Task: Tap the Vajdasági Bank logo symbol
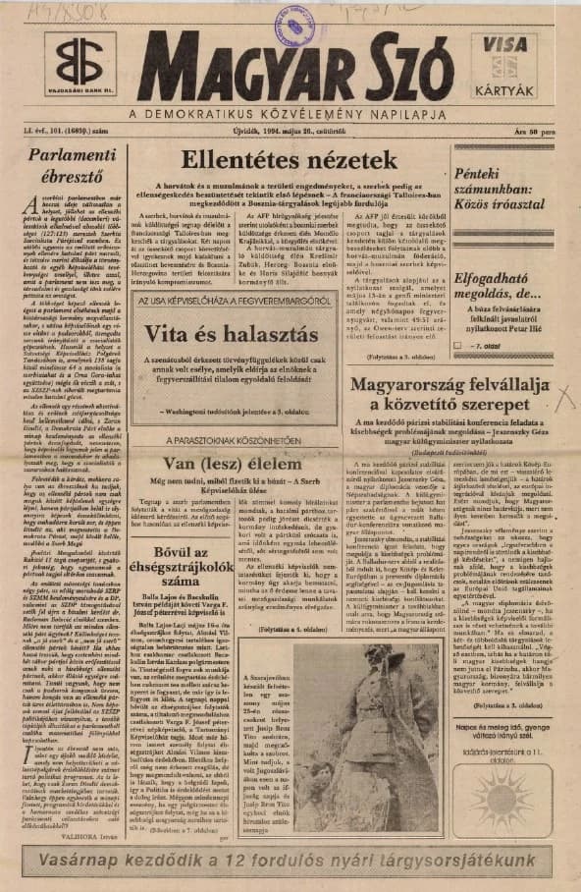click(79, 61)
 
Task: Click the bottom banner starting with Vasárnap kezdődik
click(290, 862)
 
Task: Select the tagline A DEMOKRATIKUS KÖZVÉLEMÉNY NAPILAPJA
click(293, 116)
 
